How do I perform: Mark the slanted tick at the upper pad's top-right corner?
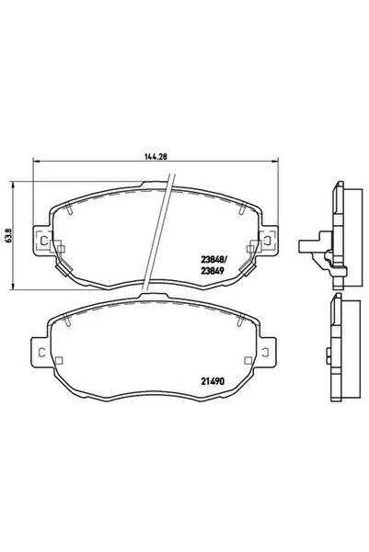pos(242,210)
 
